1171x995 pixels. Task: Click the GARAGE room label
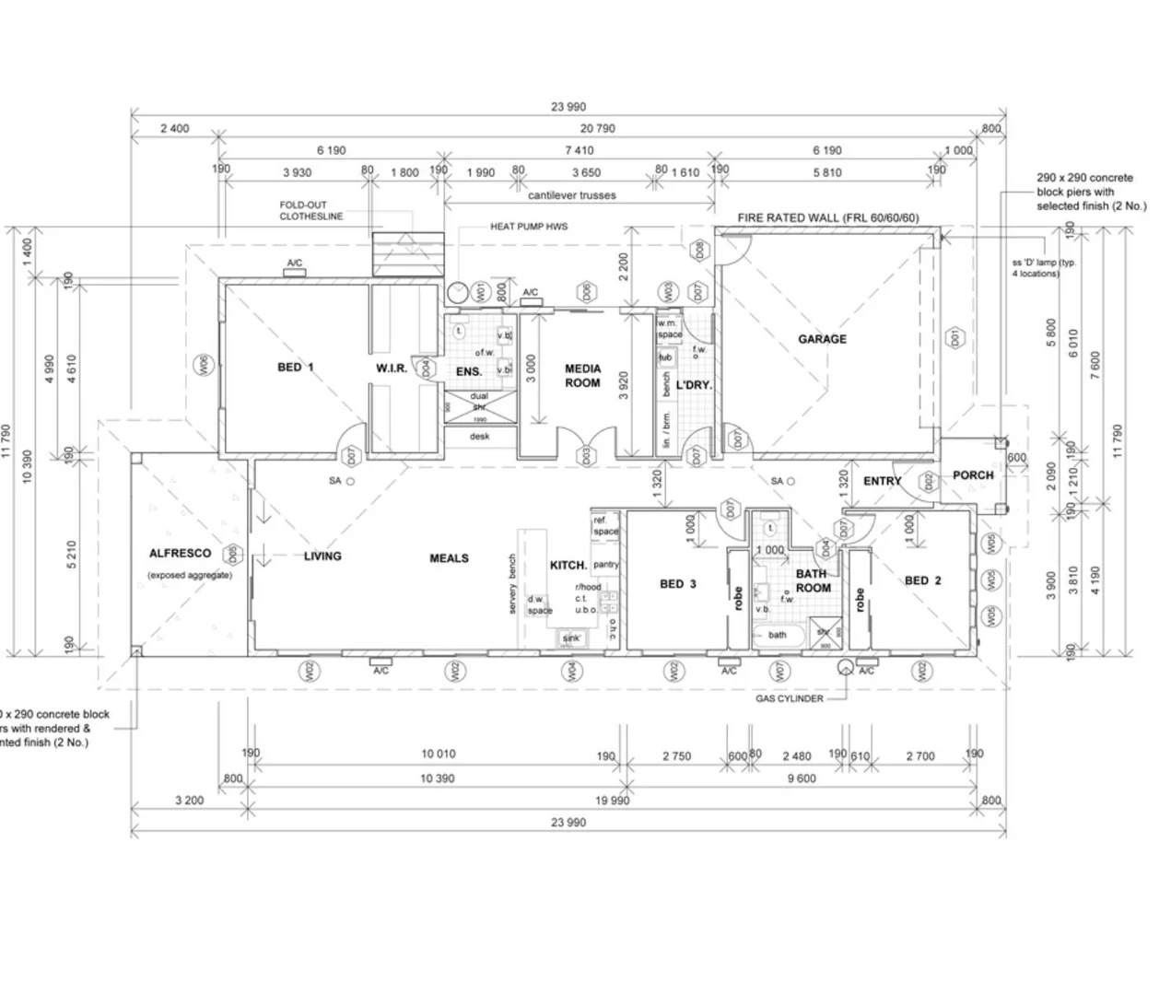point(822,339)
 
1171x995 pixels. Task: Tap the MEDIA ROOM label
point(582,376)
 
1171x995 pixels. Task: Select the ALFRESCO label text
point(180,554)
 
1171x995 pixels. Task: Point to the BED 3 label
point(678,584)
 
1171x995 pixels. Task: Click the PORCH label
point(973,475)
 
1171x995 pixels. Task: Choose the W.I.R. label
point(392,369)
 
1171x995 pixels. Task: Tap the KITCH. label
point(568,565)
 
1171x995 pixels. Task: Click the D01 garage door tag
point(956,338)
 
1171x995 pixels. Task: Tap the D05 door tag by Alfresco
point(234,554)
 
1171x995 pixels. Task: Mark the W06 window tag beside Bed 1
point(205,365)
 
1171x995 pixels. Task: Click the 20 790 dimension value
point(597,129)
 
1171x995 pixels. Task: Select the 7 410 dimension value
point(579,150)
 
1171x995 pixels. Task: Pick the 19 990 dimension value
point(613,801)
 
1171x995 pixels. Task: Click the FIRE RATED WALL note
point(827,218)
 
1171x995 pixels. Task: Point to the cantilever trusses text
point(571,195)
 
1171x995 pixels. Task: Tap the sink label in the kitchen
point(571,638)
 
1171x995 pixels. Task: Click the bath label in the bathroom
point(778,635)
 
